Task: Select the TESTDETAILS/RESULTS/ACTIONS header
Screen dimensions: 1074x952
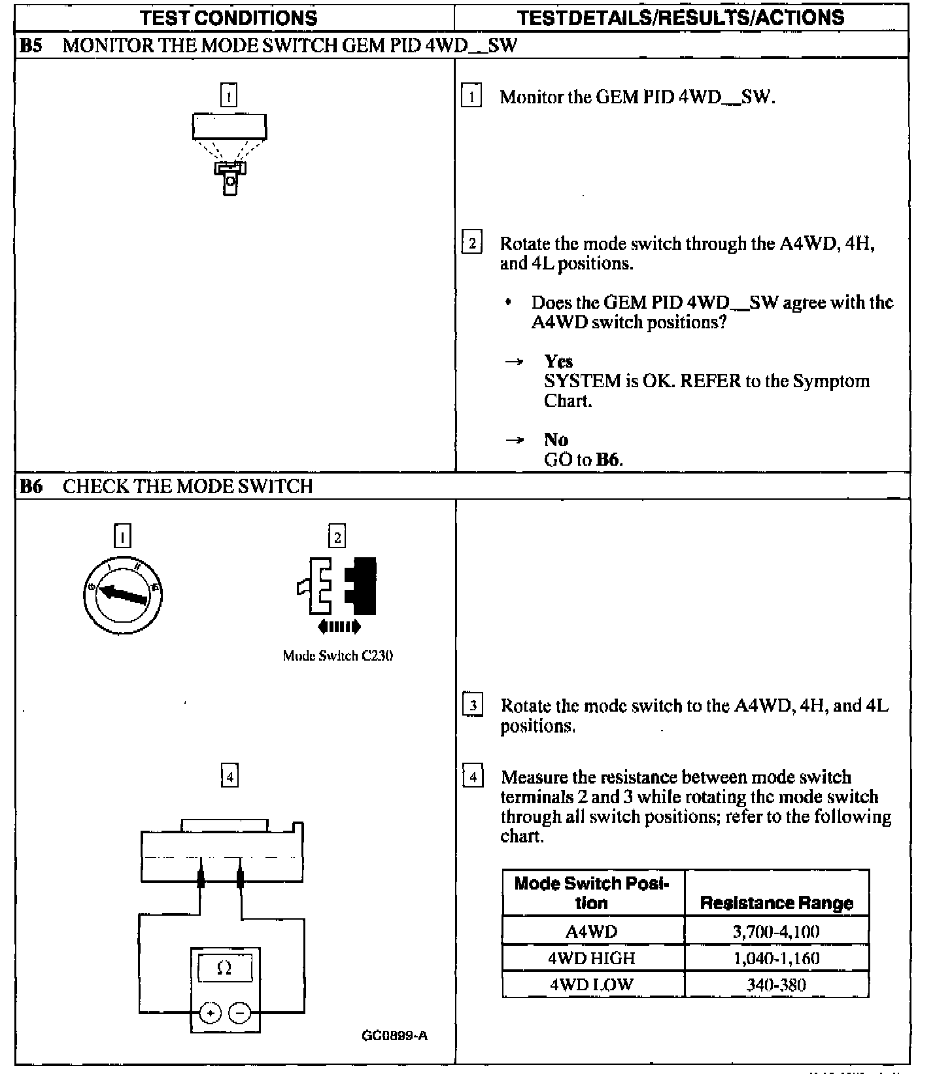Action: pyautogui.click(x=681, y=18)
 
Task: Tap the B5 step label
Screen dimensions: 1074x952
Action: pyautogui.click(x=31, y=45)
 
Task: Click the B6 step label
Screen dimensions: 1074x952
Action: pyautogui.click(x=31, y=486)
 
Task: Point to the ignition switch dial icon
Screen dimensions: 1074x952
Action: pyautogui.click(x=123, y=594)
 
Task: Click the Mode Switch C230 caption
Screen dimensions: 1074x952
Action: pyautogui.click(x=337, y=655)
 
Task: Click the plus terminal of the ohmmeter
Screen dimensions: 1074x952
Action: pyautogui.click(x=210, y=1013)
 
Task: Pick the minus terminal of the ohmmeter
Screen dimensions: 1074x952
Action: pyautogui.click(x=240, y=1013)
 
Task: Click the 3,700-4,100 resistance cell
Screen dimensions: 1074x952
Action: pyautogui.click(x=776, y=931)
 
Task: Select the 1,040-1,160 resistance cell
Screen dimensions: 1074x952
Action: pyautogui.click(x=776, y=958)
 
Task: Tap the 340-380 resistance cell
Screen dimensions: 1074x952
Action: pyautogui.click(x=776, y=984)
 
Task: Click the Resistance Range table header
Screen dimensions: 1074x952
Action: pyautogui.click(x=776, y=903)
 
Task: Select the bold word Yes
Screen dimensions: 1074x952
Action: pyautogui.click(x=558, y=361)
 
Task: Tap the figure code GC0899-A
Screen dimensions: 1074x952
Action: pyautogui.click(x=395, y=1035)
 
